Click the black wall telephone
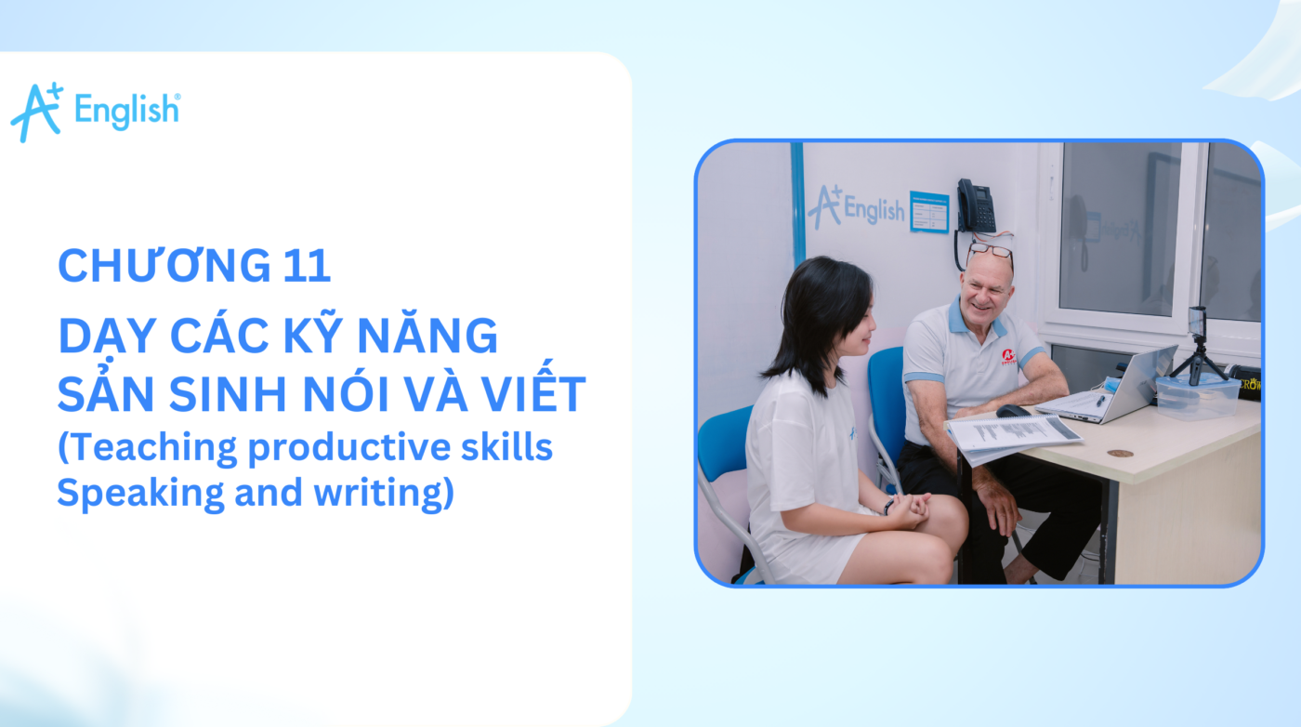click(976, 206)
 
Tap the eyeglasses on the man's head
click(989, 250)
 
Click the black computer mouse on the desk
click(1012, 410)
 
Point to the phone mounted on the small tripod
click(1197, 322)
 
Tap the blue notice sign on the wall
click(928, 212)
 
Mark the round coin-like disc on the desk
click(1120, 454)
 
